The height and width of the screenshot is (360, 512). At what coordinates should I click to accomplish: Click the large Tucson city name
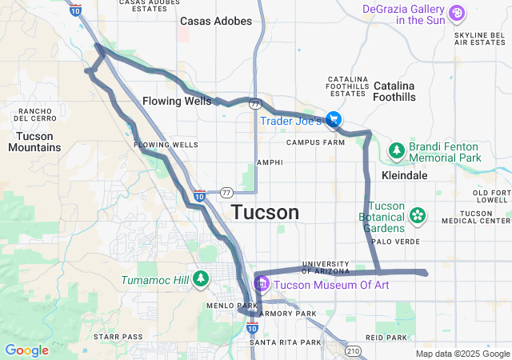[x=266, y=212]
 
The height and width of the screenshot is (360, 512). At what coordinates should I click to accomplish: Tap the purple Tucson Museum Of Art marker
[x=262, y=284]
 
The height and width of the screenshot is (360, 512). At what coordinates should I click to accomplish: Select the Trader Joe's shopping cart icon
[x=334, y=120]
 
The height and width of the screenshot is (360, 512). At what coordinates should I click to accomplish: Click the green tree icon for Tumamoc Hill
[x=201, y=279]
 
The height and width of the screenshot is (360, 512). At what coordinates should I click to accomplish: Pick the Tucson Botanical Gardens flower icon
[x=417, y=214]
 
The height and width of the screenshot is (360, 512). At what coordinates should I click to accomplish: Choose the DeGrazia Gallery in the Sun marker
[x=456, y=13]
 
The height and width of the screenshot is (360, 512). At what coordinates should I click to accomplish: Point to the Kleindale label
[x=405, y=174]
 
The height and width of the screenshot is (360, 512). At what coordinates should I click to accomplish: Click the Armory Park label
[x=290, y=314]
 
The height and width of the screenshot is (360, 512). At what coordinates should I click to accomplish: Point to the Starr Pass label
[x=118, y=337]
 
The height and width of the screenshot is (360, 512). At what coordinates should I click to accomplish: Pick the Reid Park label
[x=386, y=338]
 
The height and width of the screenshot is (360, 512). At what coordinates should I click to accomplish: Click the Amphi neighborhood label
[x=270, y=162]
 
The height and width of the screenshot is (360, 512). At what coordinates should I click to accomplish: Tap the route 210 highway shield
[x=354, y=350]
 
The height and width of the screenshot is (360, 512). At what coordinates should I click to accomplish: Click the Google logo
[x=26, y=350]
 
